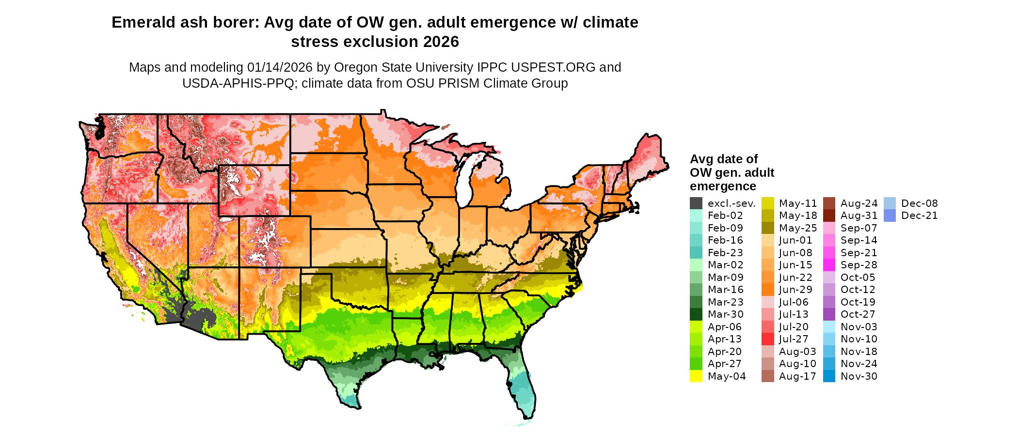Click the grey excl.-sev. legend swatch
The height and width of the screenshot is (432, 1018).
point(696,203)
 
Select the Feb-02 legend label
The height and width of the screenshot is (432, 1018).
point(725,216)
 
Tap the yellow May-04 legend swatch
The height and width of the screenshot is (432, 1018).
point(696,376)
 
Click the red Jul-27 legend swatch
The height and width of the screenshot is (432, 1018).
point(767,339)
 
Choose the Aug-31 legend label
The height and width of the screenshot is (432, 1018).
point(859,216)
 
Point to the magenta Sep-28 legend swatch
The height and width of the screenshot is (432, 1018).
point(829,265)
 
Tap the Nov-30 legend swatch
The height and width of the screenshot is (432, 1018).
point(829,376)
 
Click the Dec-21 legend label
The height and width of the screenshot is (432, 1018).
point(919,216)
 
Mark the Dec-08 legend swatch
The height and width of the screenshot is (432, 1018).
point(890,203)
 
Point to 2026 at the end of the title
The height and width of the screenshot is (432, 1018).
point(441,42)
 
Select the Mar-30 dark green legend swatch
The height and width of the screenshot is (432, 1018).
point(696,314)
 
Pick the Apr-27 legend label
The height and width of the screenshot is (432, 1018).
point(724,364)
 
